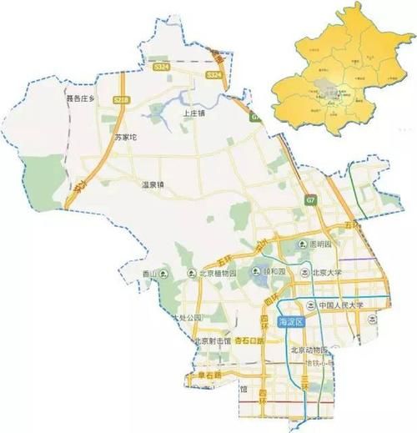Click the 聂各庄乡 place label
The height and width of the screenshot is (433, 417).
[83, 98]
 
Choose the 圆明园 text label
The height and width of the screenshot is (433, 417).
[319, 245]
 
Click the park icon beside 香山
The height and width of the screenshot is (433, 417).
[163, 274]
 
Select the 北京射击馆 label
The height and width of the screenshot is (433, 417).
[211, 341]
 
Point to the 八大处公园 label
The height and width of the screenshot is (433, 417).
[184, 318]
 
